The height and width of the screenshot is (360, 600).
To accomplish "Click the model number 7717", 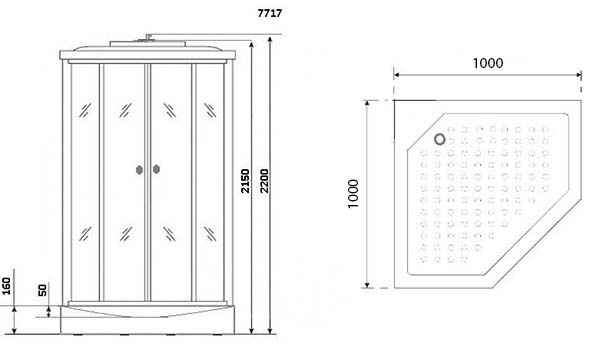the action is click(x=270, y=13).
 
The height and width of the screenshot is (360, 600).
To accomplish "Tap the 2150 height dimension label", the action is click(x=245, y=181).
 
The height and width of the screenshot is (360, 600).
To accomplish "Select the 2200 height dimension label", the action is click(x=264, y=181).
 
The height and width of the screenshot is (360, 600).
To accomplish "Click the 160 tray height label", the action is click(x=7, y=287).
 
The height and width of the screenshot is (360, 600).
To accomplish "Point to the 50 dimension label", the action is click(x=42, y=290).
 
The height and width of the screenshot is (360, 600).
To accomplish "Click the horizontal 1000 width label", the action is click(x=488, y=63).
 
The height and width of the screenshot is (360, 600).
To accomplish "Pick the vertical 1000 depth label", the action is click(x=353, y=194).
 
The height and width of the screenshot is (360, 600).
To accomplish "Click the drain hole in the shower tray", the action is click(x=440, y=139).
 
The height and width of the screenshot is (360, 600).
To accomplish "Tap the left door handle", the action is click(x=139, y=169).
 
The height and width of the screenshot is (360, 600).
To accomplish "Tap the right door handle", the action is click(x=156, y=169).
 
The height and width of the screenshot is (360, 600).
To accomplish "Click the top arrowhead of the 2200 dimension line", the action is click(x=270, y=40).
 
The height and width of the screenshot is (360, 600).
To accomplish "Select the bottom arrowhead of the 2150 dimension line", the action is click(x=251, y=331).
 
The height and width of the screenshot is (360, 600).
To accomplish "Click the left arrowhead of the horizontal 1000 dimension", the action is click(x=397, y=75).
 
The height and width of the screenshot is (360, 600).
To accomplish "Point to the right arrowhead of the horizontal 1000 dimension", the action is click(x=578, y=75).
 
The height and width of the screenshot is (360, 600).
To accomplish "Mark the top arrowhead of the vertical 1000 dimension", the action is click(x=367, y=104).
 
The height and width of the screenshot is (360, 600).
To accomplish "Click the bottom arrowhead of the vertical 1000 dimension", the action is click(x=367, y=284).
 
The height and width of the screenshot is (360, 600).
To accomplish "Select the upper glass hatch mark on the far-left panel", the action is click(x=85, y=110).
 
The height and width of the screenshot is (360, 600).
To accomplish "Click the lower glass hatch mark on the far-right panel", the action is click(x=210, y=234).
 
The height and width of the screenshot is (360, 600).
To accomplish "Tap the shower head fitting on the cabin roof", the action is click(x=147, y=38).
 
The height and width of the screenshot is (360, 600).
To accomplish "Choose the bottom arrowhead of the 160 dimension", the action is click(x=15, y=331).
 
